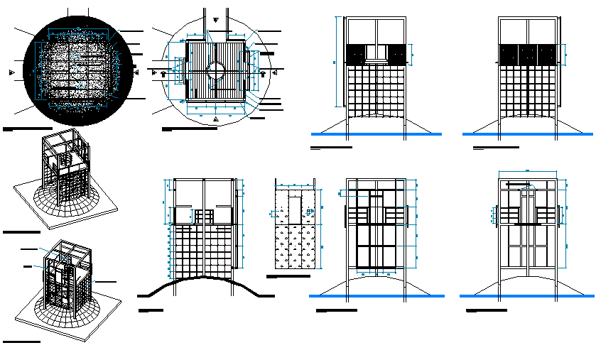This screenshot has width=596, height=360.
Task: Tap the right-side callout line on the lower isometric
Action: tap(107, 282)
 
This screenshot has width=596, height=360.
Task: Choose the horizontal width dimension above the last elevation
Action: tap(527, 172)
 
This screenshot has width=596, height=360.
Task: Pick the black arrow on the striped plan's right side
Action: tap(264, 72)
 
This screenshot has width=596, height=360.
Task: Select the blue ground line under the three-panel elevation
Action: tap(527, 133)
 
